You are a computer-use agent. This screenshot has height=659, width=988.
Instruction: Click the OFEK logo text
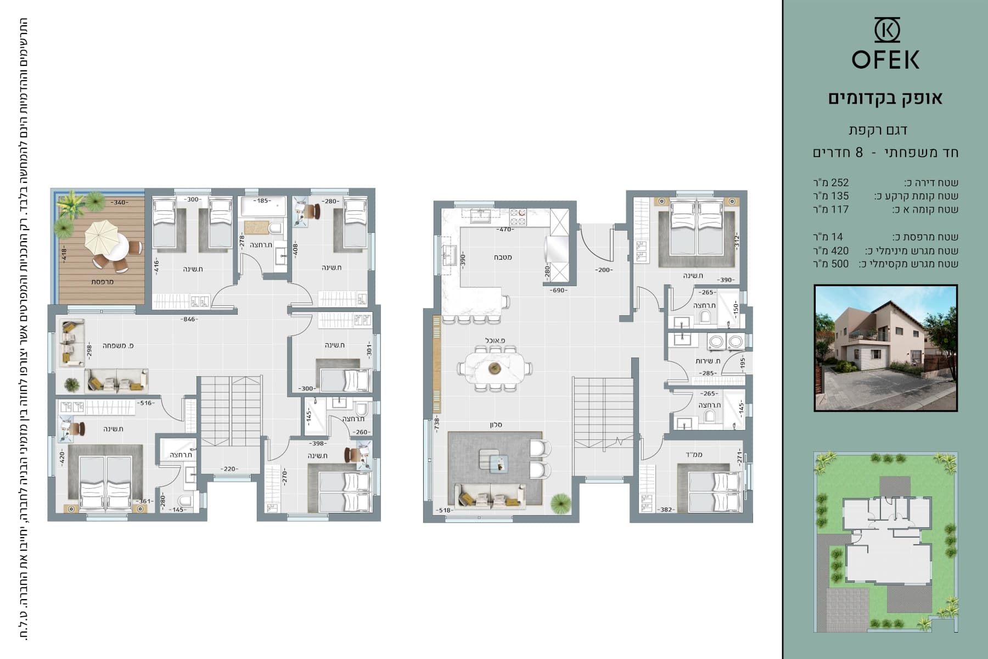click(x=885, y=59)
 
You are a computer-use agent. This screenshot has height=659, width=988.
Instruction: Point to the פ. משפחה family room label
click(x=118, y=345)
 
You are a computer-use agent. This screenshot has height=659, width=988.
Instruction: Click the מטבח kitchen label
click(x=503, y=257)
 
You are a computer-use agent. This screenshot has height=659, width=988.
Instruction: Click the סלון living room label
click(x=496, y=425)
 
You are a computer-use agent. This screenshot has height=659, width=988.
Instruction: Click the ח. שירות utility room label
click(x=708, y=361)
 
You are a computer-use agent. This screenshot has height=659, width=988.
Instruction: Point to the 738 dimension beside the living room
click(x=437, y=422)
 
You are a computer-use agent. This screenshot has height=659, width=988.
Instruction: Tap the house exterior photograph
click(x=885, y=348)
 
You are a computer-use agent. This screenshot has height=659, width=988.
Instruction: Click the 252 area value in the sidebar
click(x=840, y=183)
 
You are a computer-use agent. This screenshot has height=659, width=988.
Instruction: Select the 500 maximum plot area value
click(x=840, y=264)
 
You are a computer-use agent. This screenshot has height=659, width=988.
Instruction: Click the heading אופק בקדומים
click(x=885, y=98)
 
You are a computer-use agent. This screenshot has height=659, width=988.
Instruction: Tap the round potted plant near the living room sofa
click(x=560, y=502)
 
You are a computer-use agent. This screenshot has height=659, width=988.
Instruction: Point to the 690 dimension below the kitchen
click(x=560, y=289)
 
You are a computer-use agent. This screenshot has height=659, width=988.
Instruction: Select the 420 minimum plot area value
click(x=840, y=251)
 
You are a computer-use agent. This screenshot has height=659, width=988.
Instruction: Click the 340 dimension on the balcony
click(x=120, y=202)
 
